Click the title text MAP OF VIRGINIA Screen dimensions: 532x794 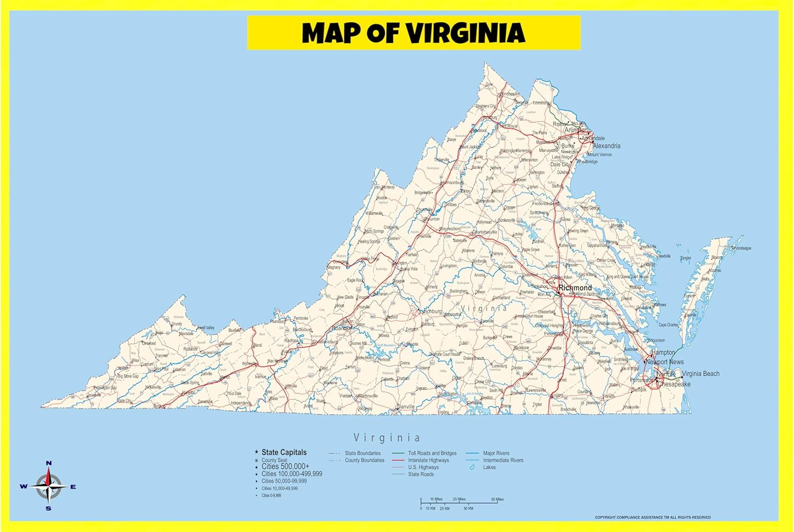413,33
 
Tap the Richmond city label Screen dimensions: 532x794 575,288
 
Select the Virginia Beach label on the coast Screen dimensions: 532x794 700,374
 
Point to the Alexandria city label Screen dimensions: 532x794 607,146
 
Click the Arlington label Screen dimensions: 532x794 576,130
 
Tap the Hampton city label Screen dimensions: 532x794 663,353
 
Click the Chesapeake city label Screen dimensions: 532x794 674,384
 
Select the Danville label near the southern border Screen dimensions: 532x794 406,407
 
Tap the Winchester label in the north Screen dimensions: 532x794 510,94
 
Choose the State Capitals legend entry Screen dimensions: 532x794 284,452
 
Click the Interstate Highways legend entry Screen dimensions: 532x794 428,461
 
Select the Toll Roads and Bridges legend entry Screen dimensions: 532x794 432,454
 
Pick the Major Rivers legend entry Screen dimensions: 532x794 496,454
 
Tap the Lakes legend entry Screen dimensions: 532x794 489,467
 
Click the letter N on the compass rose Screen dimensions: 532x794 49,463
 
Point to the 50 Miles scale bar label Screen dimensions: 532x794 497,499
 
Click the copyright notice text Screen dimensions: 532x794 653,518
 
